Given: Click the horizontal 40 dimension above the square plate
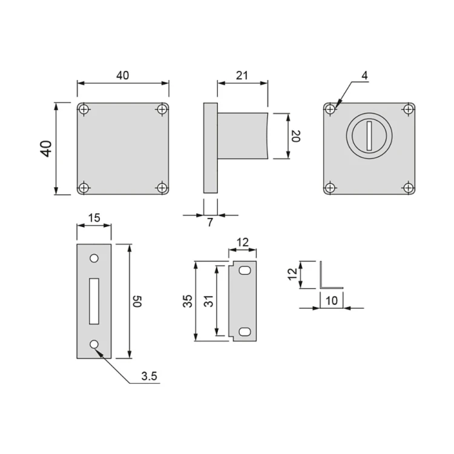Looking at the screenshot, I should point(123,76).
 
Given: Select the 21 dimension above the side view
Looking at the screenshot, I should point(242,76).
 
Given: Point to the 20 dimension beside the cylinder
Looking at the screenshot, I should point(295,136).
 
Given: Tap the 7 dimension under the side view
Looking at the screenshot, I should point(210,222).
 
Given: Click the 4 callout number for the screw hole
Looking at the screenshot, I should point(364,76).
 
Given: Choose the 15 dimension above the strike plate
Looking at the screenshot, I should point(94,217).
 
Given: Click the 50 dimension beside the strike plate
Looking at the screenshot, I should point(137,301).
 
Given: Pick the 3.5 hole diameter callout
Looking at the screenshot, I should point(149,376).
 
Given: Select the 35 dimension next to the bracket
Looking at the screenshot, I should point(188,301).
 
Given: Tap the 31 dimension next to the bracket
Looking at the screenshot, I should point(209,301).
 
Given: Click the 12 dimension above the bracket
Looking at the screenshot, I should point(243,242).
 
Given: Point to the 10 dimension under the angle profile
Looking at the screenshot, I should point(332,301).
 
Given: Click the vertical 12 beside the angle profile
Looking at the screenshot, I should point(292,275).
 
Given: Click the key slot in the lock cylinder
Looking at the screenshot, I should point(368,134).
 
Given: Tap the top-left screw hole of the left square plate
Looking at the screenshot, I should point(84,110).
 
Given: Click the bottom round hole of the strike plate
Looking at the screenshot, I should point(94,344).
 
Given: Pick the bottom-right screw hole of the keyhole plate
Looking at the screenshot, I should point(409,188).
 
